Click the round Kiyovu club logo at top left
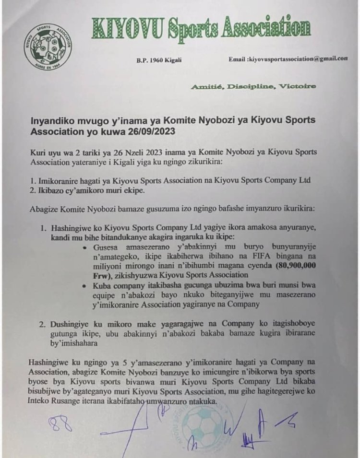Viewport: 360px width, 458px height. [48, 47]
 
